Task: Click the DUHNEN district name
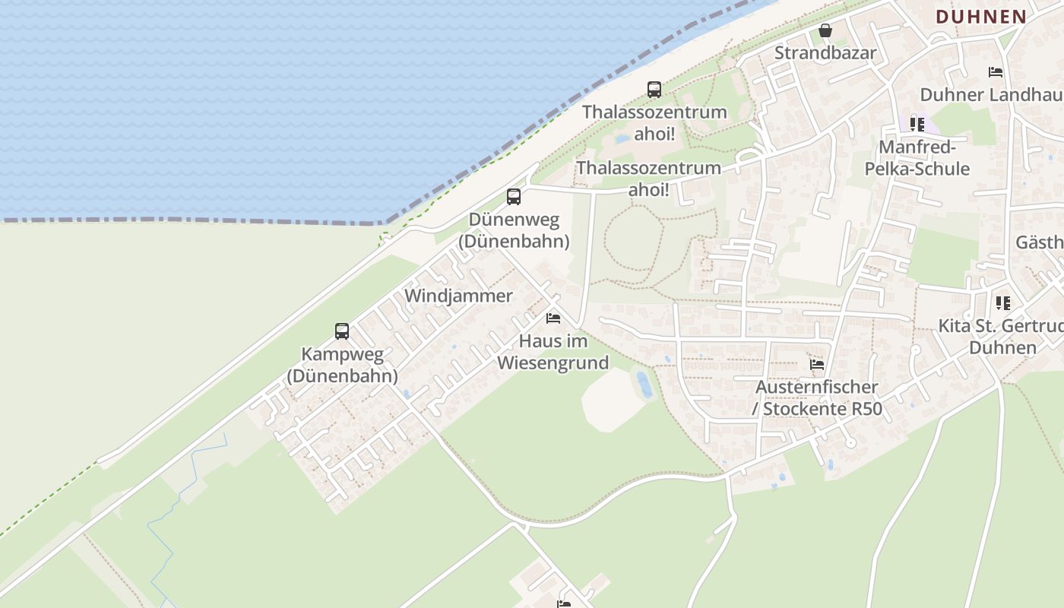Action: click(x=981, y=16)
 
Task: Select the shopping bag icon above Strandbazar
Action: click(x=825, y=31)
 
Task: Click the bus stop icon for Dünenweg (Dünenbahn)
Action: click(x=514, y=197)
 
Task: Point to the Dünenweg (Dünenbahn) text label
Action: click(x=514, y=230)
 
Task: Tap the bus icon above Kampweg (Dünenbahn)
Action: click(x=342, y=331)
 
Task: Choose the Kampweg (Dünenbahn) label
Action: click(x=342, y=365)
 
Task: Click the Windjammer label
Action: click(x=458, y=296)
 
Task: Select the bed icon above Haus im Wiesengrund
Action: click(x=553, y=318)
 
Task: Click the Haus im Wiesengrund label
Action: click(x=553, y=352)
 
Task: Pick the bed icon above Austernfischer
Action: click(x=817, y=365)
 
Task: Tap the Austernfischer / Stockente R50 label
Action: click(x=817, y=398)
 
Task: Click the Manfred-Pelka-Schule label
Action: click(x=917, y=157)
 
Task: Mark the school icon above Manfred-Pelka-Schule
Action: click(x=917, y=124)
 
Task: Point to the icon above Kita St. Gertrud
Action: click(x=1003, y=303)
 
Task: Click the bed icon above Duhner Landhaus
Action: click(x=996, y=72)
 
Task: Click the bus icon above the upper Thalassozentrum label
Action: click(x=654, y=89)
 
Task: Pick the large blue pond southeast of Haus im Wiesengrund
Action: click(x=644, y=384)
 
